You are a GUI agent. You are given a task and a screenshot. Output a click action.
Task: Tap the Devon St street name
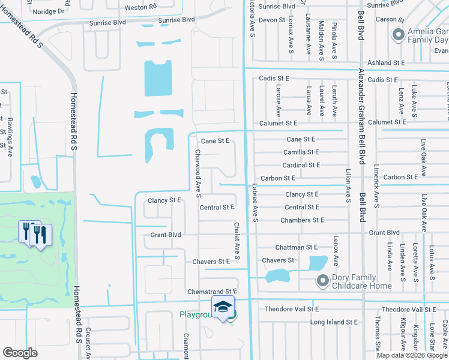(x=271, y=20)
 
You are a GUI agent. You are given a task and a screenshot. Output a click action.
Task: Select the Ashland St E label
(x=385, y=62)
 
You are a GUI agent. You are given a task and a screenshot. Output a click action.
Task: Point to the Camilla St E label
(x=301, y=152)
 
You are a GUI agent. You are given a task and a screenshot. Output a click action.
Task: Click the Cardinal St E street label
(x=301, y=165)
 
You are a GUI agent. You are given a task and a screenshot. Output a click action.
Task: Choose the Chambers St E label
(x=302, y=220)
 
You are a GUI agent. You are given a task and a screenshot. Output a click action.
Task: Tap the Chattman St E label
(x=296, y=247)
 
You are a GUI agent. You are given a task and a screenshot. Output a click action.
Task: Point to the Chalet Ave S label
(x=237, y=241)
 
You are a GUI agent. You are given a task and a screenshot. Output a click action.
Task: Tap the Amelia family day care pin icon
(x=397, y=35)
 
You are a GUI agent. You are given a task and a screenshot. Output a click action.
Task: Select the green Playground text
(x=196, y=314)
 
